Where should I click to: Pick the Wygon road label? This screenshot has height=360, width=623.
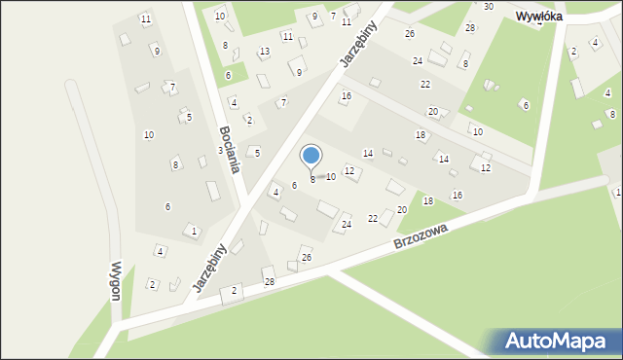[x=116, y=281]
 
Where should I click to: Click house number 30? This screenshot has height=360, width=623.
[x=488, y=7]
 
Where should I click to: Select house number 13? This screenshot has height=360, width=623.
[x=264, y=52]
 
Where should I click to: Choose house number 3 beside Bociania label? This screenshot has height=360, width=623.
[x=219, y=150]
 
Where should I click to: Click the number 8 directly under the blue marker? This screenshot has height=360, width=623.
[x=311, y=179]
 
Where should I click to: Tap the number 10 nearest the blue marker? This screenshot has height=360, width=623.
[x=331, y=177]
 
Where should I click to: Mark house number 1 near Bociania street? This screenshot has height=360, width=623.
[x=194, y=231]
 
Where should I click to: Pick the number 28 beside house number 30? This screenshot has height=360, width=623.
[x=470, y=27]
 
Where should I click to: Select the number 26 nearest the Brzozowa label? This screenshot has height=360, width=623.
[x=306, y=257]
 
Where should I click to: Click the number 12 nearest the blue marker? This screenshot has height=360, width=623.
[x=349, y=171]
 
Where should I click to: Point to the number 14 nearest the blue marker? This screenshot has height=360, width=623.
[x=368, y=154]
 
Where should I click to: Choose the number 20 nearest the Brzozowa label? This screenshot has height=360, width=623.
[x=401, y=210]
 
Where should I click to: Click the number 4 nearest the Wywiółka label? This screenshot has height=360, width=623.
[x=594, y=43]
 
